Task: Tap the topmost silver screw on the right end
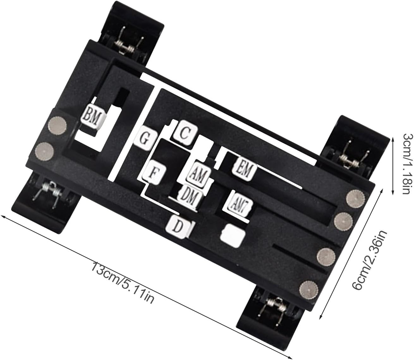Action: pyautogui.click(x=355, y=198)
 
